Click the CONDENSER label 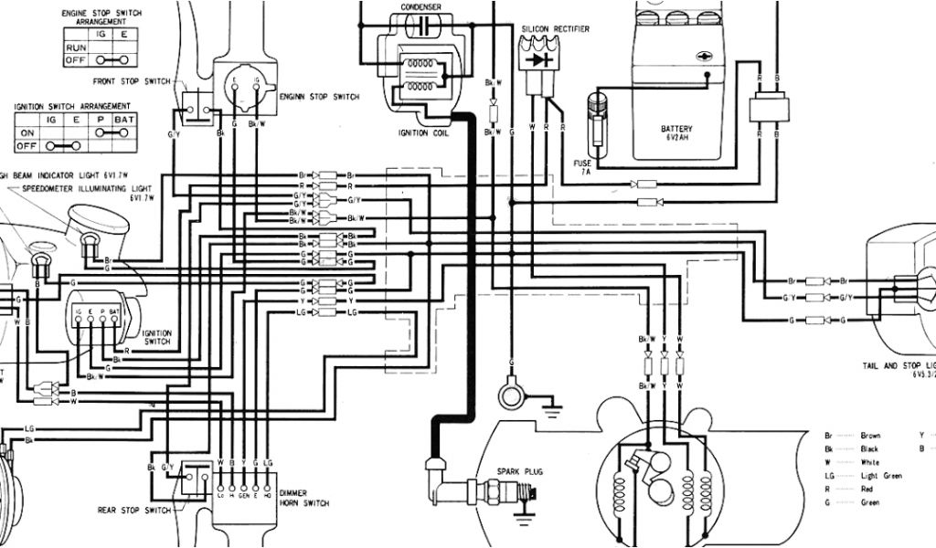point(420,6)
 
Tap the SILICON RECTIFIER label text point(555,29)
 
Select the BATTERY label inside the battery point(676,129)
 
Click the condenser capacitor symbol point(420,26)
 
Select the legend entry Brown point(870,436)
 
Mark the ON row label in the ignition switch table point(27,132)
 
